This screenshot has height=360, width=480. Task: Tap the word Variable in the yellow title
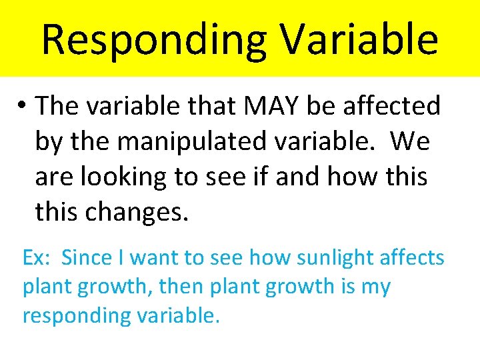(x=359, y=39)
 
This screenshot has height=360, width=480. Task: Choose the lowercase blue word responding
(x=74, y=316)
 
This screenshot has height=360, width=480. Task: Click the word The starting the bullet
(x=57, y=105)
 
